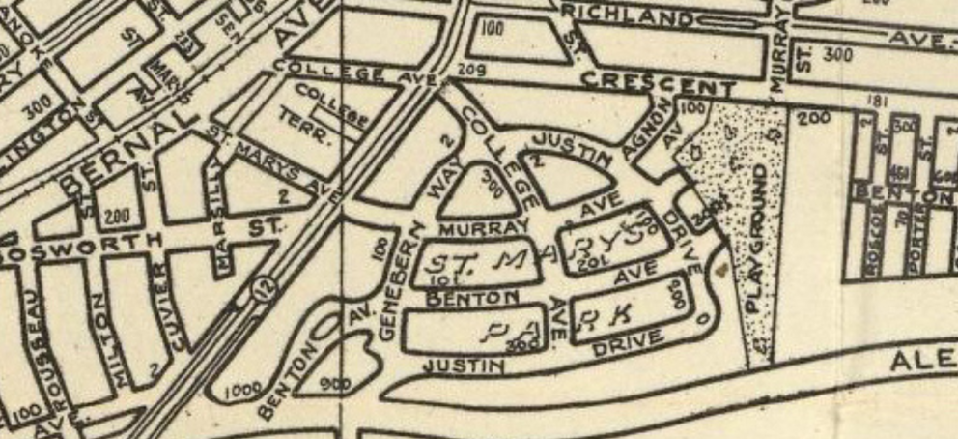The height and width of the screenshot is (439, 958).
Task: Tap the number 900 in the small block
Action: point(334,384)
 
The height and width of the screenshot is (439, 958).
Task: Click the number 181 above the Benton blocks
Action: point(850,102)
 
